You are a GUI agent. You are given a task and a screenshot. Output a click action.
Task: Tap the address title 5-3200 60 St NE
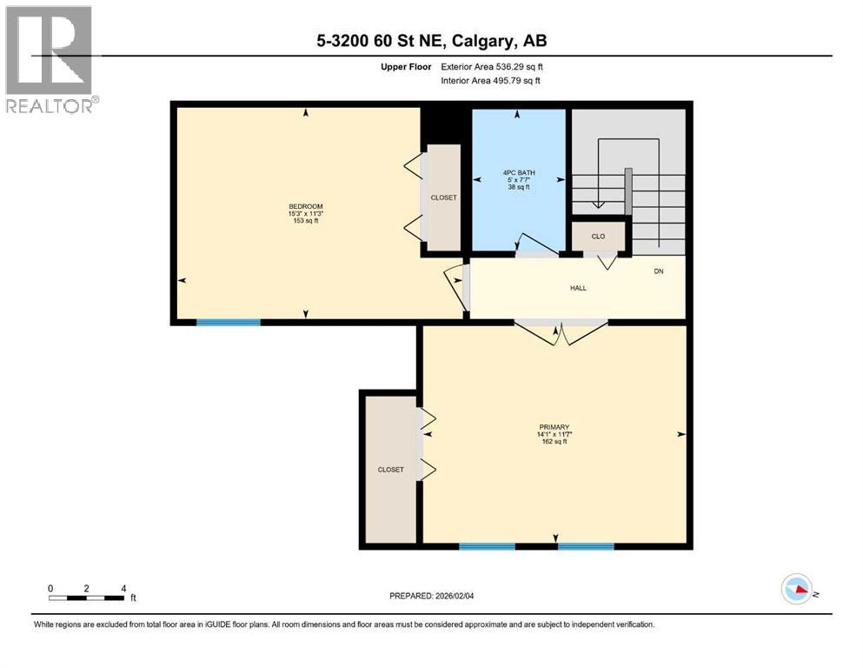431,41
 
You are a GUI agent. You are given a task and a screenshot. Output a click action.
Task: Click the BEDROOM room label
306,206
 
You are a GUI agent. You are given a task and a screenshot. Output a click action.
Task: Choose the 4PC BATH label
518,172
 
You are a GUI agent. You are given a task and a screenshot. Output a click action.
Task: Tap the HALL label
578,288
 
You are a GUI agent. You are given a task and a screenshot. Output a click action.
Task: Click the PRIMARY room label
553,426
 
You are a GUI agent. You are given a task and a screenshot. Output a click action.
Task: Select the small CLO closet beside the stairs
598,236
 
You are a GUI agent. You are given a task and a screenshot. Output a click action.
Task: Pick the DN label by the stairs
659,271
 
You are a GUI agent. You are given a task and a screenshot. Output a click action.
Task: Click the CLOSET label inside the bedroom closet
443,197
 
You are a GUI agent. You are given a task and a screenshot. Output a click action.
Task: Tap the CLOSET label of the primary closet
390,470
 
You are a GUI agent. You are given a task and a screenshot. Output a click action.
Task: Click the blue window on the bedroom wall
228,323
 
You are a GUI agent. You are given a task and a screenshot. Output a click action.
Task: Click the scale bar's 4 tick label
123,588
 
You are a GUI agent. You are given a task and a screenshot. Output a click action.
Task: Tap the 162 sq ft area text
554,441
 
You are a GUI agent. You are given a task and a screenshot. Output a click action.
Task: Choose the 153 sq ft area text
306,221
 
